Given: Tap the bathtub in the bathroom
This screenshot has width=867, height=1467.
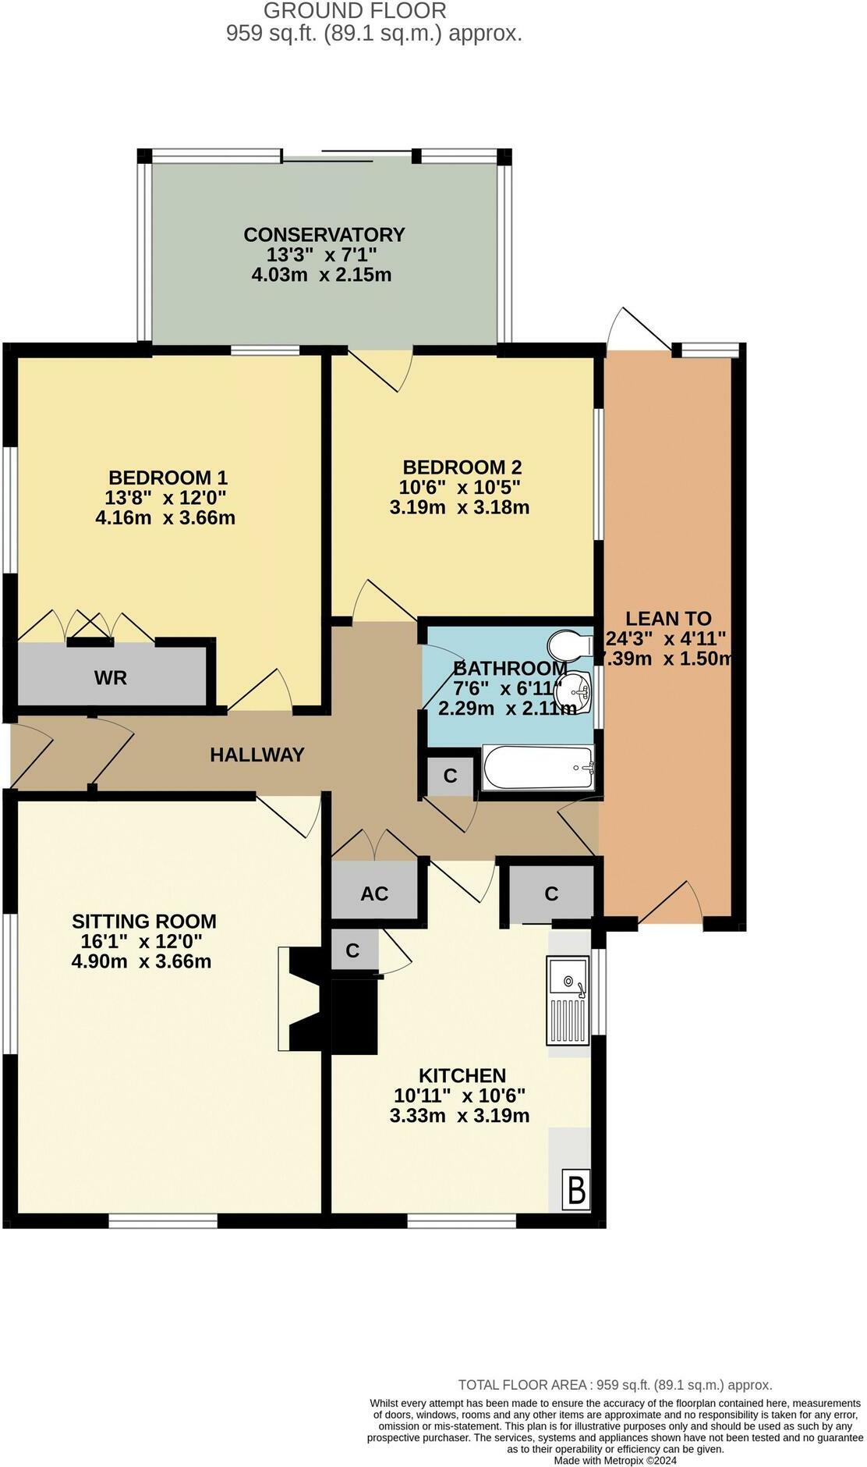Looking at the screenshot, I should (537, 768).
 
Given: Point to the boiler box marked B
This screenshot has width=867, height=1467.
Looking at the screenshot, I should (576, 1191).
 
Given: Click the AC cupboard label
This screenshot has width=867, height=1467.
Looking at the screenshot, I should (374, 893).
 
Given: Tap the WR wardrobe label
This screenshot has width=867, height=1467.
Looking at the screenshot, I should (110, 677).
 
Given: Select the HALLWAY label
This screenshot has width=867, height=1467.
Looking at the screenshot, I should (257, 755).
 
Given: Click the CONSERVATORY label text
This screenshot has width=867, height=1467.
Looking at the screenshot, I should (324, 234).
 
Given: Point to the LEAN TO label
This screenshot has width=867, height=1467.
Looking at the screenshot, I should (668, 618).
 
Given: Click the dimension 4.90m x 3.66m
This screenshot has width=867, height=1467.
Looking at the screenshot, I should (141, 961).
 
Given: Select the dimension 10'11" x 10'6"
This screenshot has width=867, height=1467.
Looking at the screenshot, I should (459, 1095).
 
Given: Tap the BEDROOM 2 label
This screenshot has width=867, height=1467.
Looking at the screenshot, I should (462, 467).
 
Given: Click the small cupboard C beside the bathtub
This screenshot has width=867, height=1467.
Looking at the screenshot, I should (450, 776).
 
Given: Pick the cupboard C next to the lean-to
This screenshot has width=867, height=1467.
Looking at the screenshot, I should (551, 893).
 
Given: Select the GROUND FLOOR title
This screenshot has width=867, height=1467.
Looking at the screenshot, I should (355, 11).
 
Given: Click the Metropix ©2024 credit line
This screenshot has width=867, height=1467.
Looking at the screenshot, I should (615, 1460).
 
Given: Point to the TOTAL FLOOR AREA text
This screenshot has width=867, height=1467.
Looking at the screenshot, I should (614, 1385).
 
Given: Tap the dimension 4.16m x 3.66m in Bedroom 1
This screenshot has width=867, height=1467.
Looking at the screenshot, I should (165, 517).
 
